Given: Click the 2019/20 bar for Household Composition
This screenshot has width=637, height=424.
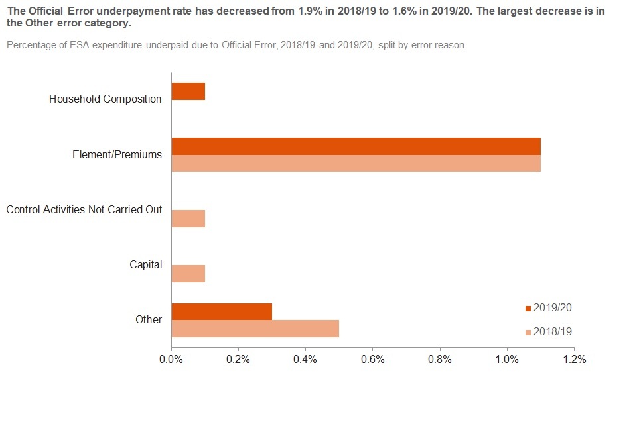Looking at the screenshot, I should [188, 91].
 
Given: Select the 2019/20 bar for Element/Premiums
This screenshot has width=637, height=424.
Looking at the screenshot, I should [356, 146].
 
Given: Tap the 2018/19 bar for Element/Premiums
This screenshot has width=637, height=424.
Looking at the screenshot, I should [356, 163].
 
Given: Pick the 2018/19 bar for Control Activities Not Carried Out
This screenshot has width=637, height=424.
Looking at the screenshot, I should [188, 219].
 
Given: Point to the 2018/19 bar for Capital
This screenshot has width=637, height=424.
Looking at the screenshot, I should [188, 274].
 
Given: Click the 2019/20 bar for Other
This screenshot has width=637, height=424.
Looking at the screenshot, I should [222, 311].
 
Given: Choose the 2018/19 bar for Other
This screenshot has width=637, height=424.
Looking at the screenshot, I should [255, 329].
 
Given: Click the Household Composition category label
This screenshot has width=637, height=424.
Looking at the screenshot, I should [106, 99].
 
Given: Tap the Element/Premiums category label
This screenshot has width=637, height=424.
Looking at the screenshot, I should [117, 154].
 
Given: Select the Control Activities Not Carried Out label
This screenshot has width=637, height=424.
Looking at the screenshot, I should [84, 209].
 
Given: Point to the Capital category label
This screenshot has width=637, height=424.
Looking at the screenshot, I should [146, 264].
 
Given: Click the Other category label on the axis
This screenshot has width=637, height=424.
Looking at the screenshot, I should [149, 319].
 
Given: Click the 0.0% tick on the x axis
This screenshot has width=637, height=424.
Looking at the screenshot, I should [171, 360].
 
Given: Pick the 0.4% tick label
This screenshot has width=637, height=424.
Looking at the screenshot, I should [305, 360].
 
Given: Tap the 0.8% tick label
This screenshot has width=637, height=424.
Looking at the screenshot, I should [440, 360].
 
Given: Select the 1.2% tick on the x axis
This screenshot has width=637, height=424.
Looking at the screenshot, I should [574, 360].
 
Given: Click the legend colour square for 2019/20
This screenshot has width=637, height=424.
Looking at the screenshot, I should [528, 308].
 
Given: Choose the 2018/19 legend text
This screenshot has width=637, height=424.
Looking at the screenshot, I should [552, 331].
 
